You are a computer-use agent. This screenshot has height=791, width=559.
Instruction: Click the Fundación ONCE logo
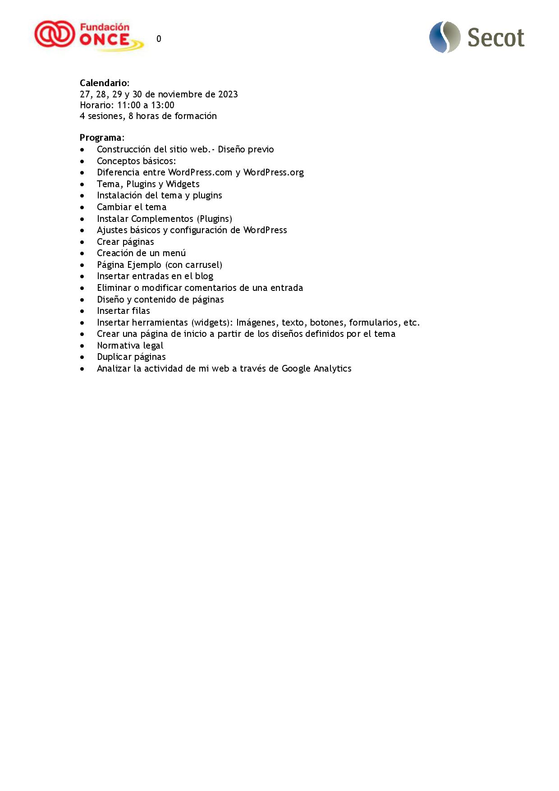tap(89, 36)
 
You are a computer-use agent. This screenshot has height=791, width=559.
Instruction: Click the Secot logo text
tap(495, 38)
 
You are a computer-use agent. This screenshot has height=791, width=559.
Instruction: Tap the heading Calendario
tap(104, 83)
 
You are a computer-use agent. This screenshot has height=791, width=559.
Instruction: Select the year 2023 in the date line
tap(228, 94)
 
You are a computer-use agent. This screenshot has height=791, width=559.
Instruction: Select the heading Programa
tap(101, 138)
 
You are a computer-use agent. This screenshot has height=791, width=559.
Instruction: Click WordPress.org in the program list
tap(273, 172)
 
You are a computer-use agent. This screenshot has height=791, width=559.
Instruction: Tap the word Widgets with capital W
tap(183, 184)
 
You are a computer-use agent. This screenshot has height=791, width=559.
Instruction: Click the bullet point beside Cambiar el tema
tap(82, 207)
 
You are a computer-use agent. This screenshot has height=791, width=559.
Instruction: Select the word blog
tap(204, 276)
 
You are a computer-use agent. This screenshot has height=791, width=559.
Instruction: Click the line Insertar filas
tap(123, 311)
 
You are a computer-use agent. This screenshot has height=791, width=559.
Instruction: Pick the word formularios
tap(374, 322)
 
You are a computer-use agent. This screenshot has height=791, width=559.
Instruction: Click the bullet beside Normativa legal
tap(82, 346)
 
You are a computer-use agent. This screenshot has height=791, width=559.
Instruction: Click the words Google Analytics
tap(316, 368)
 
